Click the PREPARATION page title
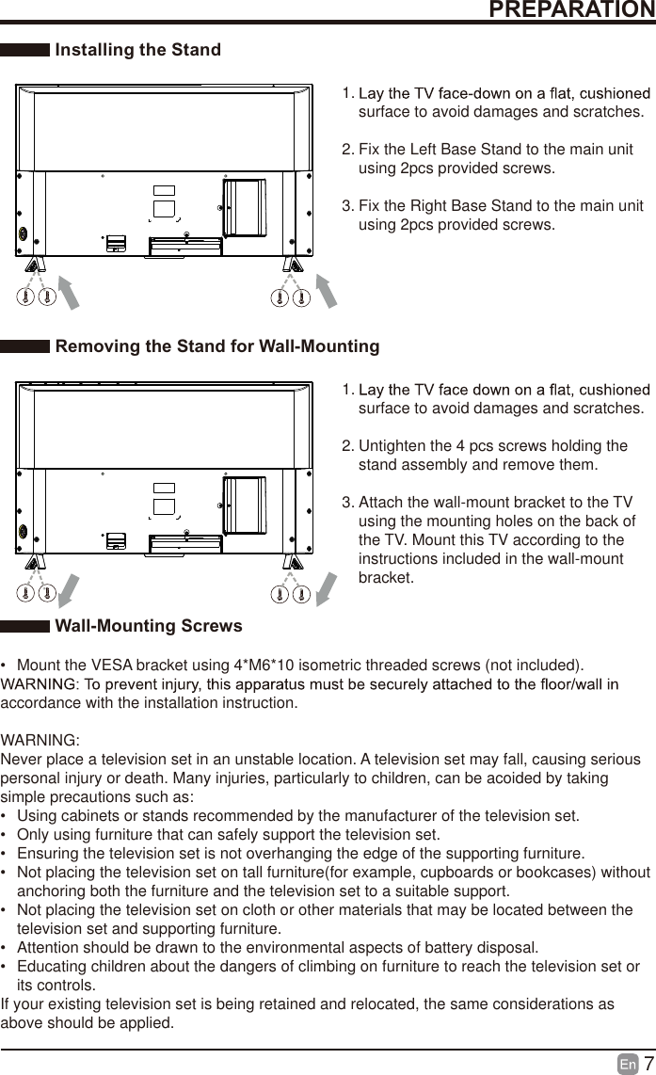(572, 9)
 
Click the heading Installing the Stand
(138, 50)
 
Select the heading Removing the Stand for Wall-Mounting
(217, 346)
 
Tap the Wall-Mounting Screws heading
(149, 626)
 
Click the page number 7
(648, 1064)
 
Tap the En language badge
(628, 1065)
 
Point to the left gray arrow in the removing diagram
(68, 588)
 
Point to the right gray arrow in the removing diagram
(326, 588)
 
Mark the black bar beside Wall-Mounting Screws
(25, 626)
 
